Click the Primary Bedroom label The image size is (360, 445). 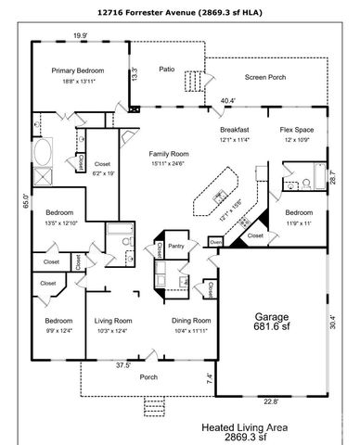point(77,70)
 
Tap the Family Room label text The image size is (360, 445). point(168,155)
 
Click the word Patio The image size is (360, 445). point(166,69)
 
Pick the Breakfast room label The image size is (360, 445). point(235,131)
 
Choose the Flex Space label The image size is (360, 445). point(299,131)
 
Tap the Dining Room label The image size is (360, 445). point(191,321)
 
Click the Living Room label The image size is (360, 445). point(114,321)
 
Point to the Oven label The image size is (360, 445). point(215,242)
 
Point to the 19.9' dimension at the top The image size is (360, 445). point(81,35)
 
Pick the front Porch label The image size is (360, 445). point(148,376)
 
